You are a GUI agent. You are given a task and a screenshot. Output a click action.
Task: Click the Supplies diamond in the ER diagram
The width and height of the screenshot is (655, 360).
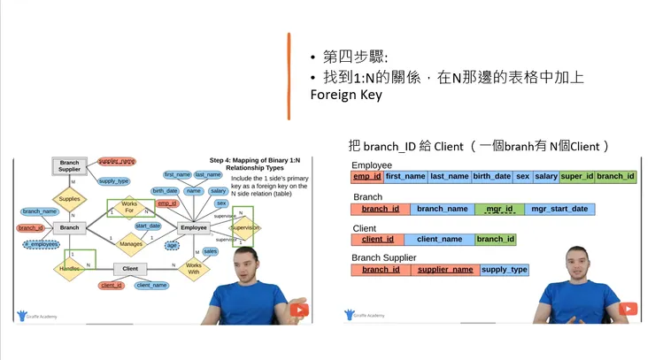click(69, 199)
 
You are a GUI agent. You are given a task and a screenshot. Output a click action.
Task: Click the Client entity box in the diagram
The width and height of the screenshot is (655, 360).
click(130, 268)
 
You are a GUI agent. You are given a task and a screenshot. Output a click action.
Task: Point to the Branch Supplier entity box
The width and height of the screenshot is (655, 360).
click(69, 166)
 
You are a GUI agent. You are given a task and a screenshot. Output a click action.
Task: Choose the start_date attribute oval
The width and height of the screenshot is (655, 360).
click(148, 226)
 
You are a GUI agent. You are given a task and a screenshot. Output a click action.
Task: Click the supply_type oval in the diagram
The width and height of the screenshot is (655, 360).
click(113, 181)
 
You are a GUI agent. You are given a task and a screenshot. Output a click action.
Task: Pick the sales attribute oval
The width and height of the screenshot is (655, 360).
click(211, 251)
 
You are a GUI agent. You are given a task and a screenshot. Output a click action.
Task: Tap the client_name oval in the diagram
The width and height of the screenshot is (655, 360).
click(151, 285)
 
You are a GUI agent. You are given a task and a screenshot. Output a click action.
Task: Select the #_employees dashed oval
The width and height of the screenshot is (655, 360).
click(41, 244)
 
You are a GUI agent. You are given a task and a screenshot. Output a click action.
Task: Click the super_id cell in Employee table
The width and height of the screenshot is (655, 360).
click(577, 177)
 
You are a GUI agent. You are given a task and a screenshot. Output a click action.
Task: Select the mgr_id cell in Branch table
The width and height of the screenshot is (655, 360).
click(499, 210)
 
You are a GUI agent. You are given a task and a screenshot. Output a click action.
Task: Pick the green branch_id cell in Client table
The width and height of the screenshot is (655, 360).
click(496, 240)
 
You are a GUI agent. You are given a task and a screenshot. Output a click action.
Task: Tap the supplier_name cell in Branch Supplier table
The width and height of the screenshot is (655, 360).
click(445, 270)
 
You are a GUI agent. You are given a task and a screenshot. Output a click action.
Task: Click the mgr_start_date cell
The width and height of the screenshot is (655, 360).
click(559, 210)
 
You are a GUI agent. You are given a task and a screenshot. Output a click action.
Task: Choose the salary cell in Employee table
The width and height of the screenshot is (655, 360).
click(546, 177)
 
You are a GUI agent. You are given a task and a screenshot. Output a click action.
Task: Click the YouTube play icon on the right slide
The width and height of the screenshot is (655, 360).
click(628, 309)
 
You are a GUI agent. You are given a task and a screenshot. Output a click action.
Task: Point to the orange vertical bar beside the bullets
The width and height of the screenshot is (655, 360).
click(289, 76)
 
